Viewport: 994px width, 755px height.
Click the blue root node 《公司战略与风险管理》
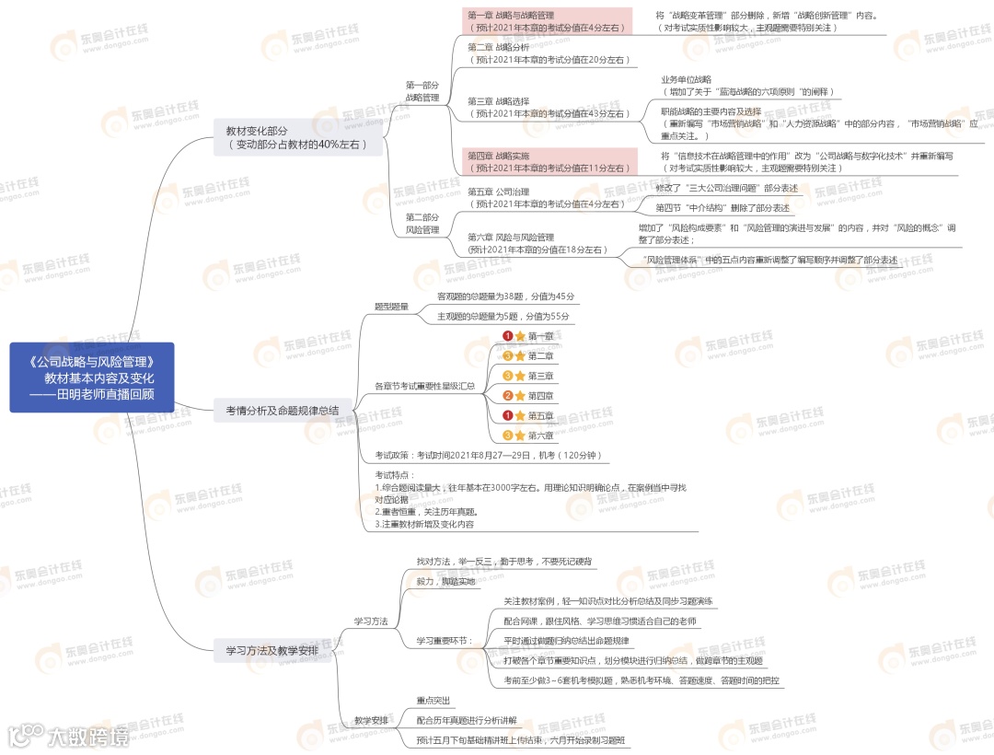click(x=92, y=377)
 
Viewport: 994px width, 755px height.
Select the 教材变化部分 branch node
click(x=297, y=137)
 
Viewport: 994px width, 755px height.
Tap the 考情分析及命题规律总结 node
click(x=282, y=411)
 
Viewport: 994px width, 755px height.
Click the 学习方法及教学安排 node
click(x=272, y=651)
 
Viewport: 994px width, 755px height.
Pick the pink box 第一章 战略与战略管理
click(x=547, y=21)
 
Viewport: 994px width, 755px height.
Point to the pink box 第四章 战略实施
click(x=547, y=162)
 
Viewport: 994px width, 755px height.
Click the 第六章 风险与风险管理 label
click(x=511, y=237)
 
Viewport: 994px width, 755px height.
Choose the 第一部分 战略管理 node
click(x=422, y=90)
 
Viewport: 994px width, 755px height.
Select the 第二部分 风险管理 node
click(x=422, y=223)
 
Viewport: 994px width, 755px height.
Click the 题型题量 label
click(x=391, y=306)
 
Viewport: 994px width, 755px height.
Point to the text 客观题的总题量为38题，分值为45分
click(x=505, y=296)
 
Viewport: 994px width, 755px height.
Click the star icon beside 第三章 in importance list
click(x=520, y=376)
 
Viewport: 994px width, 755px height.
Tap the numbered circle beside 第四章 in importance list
click(x=507, y=396)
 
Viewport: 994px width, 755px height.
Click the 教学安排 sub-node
click(x=371, y=720)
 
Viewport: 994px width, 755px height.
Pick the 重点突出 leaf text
click(x=433, y=700)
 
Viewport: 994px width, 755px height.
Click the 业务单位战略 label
click(x=686, y=79)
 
